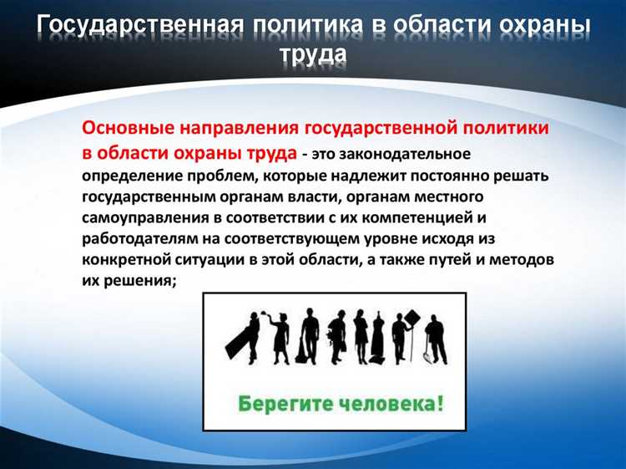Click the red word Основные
tap(124, 130)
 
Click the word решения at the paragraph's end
tap(139, 282)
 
